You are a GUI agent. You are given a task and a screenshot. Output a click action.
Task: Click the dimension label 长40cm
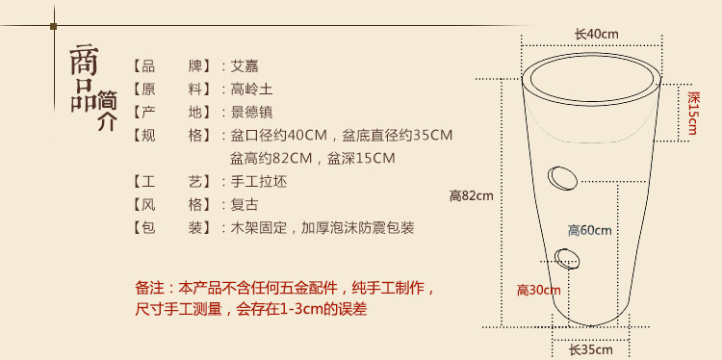[x=596, y=34]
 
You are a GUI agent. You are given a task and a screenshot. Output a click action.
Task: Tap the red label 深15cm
[x=692, y=113]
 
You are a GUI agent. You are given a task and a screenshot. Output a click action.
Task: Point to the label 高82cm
[x=471, y=196]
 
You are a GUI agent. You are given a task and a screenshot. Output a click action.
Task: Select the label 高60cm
[x=589, y=230]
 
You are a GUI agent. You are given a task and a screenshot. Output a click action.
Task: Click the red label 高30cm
[x=539, y=290]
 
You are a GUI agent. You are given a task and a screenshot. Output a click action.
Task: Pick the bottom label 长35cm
[x=591, y=349]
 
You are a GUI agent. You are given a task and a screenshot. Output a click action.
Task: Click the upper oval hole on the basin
[x=562, y=177]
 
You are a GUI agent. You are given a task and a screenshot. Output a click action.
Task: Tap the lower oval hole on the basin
[x=567, y=258]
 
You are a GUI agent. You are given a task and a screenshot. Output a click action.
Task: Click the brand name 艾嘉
[x=245, y=65]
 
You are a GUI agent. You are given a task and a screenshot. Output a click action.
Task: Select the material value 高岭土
[x=251, y=89]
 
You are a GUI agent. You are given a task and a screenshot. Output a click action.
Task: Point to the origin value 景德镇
[x=251, y=112]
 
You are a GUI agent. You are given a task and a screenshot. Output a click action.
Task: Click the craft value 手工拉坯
[x=258, y=181]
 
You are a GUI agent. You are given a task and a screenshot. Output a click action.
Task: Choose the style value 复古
[x=245, y=204]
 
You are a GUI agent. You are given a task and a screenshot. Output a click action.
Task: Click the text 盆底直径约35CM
[x=398, y=136]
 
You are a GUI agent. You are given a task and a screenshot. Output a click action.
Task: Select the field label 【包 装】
[x=171, y=227]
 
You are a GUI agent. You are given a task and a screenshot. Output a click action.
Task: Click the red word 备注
[x=149, y=288]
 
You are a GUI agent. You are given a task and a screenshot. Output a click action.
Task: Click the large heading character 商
[x=84, y=60]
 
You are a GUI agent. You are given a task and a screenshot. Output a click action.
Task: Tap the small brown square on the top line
[x=53, y=26]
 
